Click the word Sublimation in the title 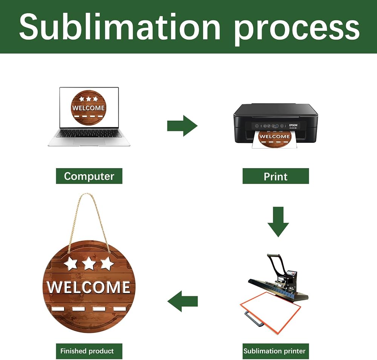(120, 26)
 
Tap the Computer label (89, 176)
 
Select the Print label (276, 176)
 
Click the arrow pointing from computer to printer (182, 126)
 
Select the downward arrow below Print (278, 222)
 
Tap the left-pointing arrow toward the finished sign (182, 301)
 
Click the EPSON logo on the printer (293, 125)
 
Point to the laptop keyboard (89, 134)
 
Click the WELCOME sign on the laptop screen (89, 107)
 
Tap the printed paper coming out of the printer (274, 139)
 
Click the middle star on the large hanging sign (89, 263)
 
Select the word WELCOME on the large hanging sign (89, 287)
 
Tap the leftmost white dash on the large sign (58, 309)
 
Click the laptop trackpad (89, 142)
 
